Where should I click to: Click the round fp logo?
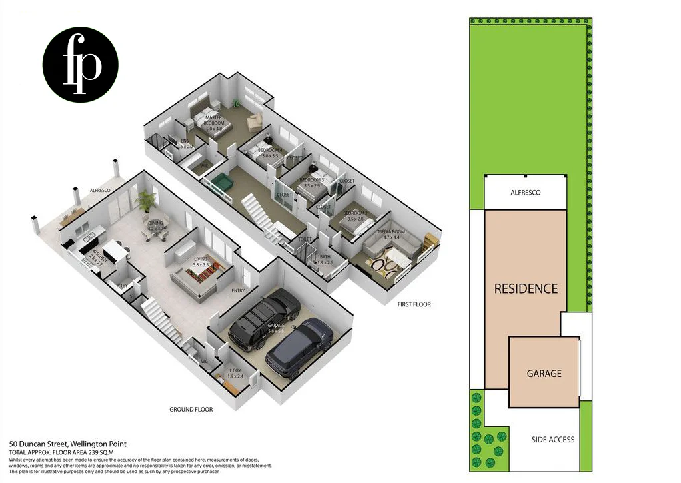81,65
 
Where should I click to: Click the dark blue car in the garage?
299,348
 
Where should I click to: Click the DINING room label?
155,225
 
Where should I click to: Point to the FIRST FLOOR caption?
414,304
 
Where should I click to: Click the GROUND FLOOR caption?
191,410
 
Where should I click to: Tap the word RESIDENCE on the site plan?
525,289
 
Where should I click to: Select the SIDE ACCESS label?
552,440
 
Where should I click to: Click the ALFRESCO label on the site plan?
525,193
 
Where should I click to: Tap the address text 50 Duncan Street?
67,444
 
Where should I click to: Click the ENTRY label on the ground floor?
238,290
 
